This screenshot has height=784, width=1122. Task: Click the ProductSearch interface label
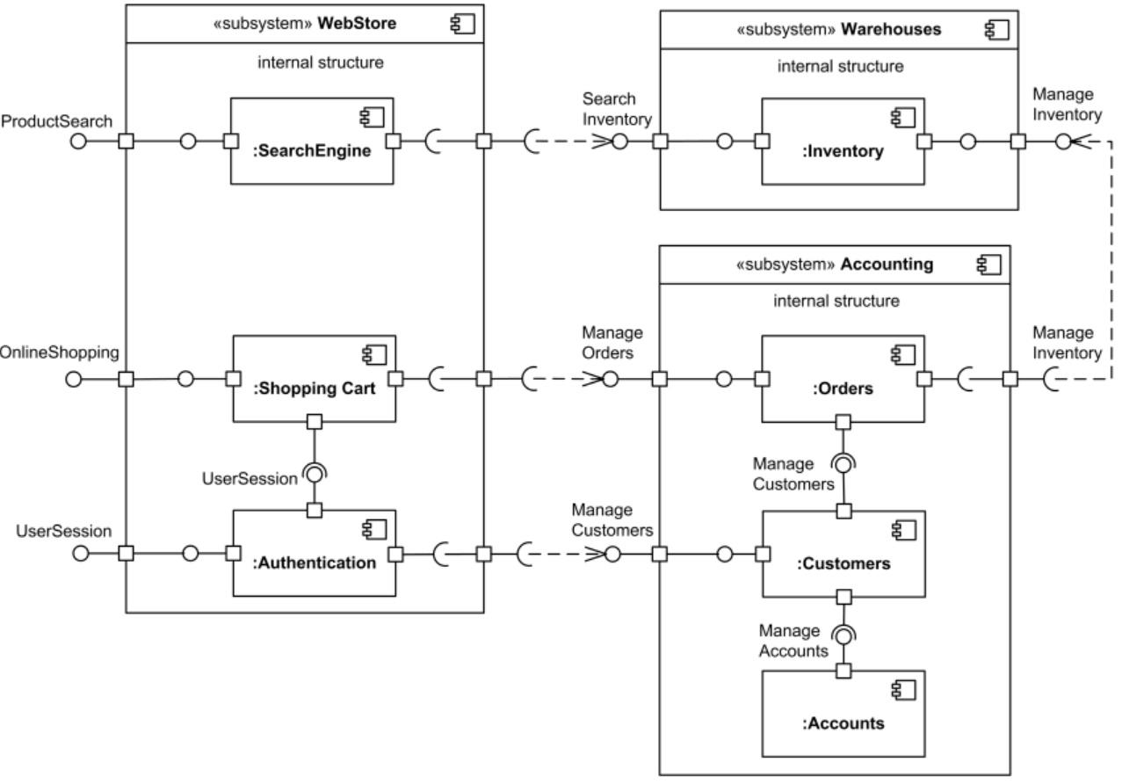[x=57, y=121]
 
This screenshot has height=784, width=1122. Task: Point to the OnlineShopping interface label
[x=59, y=352]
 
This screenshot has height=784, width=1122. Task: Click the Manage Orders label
[x=612, y=343]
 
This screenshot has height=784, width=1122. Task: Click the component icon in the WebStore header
[x=462, y=24]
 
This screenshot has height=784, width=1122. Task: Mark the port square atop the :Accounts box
[x=843, y=671]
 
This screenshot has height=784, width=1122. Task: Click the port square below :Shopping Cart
[x=315, y=423]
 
